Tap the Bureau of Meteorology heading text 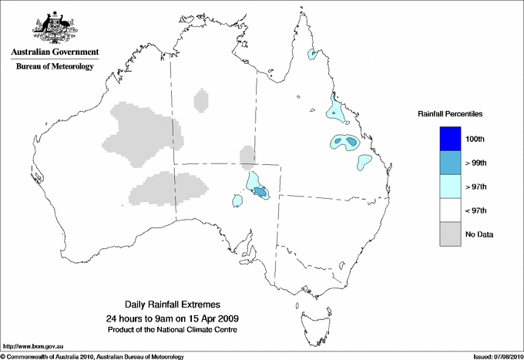pos(55,66)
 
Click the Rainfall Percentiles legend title pos(450,113)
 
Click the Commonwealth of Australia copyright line pos(92,356)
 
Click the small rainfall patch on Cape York pos(313,55)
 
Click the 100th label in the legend pos(475,140)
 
